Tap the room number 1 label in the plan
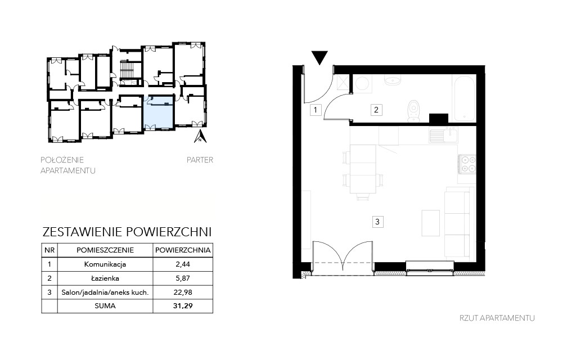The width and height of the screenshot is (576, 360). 316,110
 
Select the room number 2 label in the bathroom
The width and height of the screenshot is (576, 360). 376,110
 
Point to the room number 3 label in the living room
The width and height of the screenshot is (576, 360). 377,222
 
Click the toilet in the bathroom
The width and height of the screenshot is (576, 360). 413,110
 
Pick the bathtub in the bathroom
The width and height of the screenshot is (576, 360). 465,98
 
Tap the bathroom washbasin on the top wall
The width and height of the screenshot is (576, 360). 393,80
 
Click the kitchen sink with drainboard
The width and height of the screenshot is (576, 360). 443,135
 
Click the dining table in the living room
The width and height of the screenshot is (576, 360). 363,169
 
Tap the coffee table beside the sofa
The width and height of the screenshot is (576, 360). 430,223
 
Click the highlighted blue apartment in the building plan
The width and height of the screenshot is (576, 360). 158,112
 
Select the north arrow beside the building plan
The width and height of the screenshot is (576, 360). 200,136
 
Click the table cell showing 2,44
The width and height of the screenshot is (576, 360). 183,264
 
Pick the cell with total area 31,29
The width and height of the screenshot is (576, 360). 183,305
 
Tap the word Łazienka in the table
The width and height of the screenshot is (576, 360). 105,278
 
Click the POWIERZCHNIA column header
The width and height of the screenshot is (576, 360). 183,250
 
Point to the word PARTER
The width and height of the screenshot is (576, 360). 200,160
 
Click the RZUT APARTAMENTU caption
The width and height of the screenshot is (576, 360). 497,318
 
